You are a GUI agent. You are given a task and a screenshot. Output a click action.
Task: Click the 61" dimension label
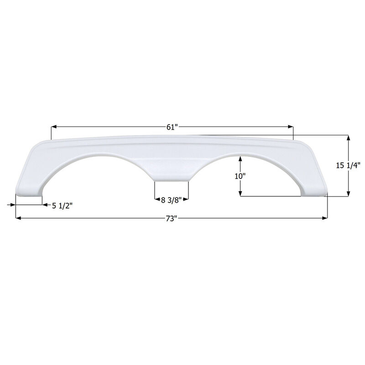pos(171,128)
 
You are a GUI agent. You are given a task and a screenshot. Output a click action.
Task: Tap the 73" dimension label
pos(171,219)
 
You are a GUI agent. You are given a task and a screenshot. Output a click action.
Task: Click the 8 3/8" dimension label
pos(172,199)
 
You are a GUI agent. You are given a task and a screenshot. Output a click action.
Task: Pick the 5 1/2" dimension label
pos(62,206)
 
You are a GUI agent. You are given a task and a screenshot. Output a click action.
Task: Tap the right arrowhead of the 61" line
pos(291,128)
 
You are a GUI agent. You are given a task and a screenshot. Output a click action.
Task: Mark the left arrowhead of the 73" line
pos(18,219)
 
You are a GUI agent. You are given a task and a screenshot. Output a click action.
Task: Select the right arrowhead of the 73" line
pos(325,219)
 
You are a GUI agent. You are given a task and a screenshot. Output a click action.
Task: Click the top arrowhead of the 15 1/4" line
pos(349,138)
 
